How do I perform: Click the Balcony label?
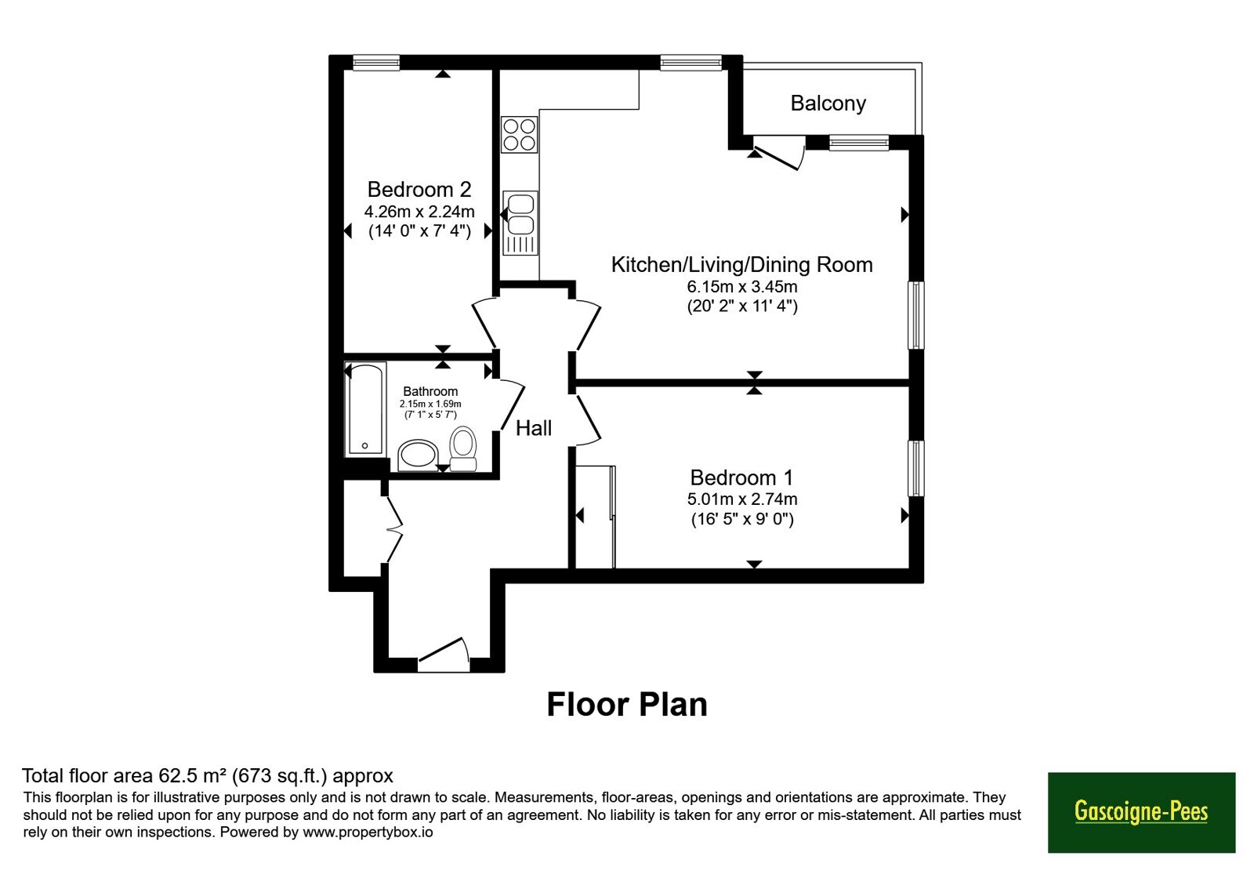(828, 103)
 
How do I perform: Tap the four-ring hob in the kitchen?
(519, 134)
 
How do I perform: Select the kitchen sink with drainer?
(520, 223)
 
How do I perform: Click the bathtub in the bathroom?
(365, 408)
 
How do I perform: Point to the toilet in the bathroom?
(463, 448)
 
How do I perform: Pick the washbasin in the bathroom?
(419, 455)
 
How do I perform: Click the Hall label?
(534, 428)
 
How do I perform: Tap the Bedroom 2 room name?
(419, 189)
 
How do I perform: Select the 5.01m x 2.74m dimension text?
(742, 499)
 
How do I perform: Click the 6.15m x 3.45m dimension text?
(742, 287)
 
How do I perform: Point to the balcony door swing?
(779, 152)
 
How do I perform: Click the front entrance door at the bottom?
(444, 655)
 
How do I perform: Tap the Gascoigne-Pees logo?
(1141, 812)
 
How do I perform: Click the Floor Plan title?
(627, 705)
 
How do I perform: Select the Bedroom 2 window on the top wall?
(376, 62)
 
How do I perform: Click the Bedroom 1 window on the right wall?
(916, 468)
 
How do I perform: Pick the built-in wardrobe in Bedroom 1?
(595, 517)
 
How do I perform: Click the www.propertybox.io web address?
(368, 832)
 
